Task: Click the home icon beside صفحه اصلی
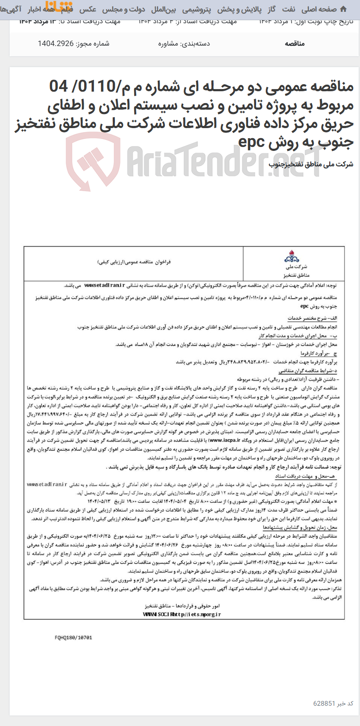(343, 9)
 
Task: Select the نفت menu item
(289, 9)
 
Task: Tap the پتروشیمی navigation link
(196, 9)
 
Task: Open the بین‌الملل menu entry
(164, 9)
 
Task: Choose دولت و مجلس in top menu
(124, 9)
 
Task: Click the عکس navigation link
(88, 9)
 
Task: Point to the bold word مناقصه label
(295, 43)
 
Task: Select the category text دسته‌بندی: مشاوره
(184, 43)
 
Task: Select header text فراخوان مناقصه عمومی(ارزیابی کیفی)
(134, 262)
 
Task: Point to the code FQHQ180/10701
(73, 638)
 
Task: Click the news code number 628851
(324, 703)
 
